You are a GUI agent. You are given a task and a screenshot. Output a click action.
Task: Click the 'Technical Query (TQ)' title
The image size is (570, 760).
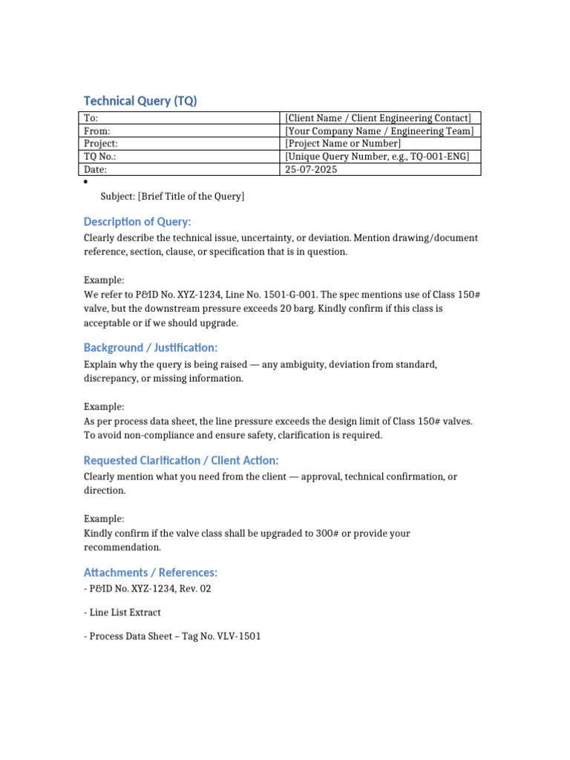coord(140,101)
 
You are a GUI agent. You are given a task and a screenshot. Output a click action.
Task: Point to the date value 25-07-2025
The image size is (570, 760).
coord(310,169)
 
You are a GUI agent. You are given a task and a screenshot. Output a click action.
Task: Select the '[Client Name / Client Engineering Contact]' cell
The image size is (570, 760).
coord(378,118)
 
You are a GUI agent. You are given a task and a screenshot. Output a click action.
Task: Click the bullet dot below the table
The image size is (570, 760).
coord(86,183)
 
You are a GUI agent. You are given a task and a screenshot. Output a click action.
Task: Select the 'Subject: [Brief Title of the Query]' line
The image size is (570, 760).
coord(172,196)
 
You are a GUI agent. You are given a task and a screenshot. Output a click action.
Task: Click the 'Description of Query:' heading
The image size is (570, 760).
coord(137,222)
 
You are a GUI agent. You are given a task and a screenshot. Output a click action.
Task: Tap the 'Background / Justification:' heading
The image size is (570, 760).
coord(151,347)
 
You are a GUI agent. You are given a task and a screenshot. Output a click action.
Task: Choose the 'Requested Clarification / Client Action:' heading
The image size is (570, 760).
coord(181,460)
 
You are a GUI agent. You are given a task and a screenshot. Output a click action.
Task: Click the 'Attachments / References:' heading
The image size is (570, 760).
coord(151,572)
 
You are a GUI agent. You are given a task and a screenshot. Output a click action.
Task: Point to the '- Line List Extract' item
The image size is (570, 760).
coord(122,612)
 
